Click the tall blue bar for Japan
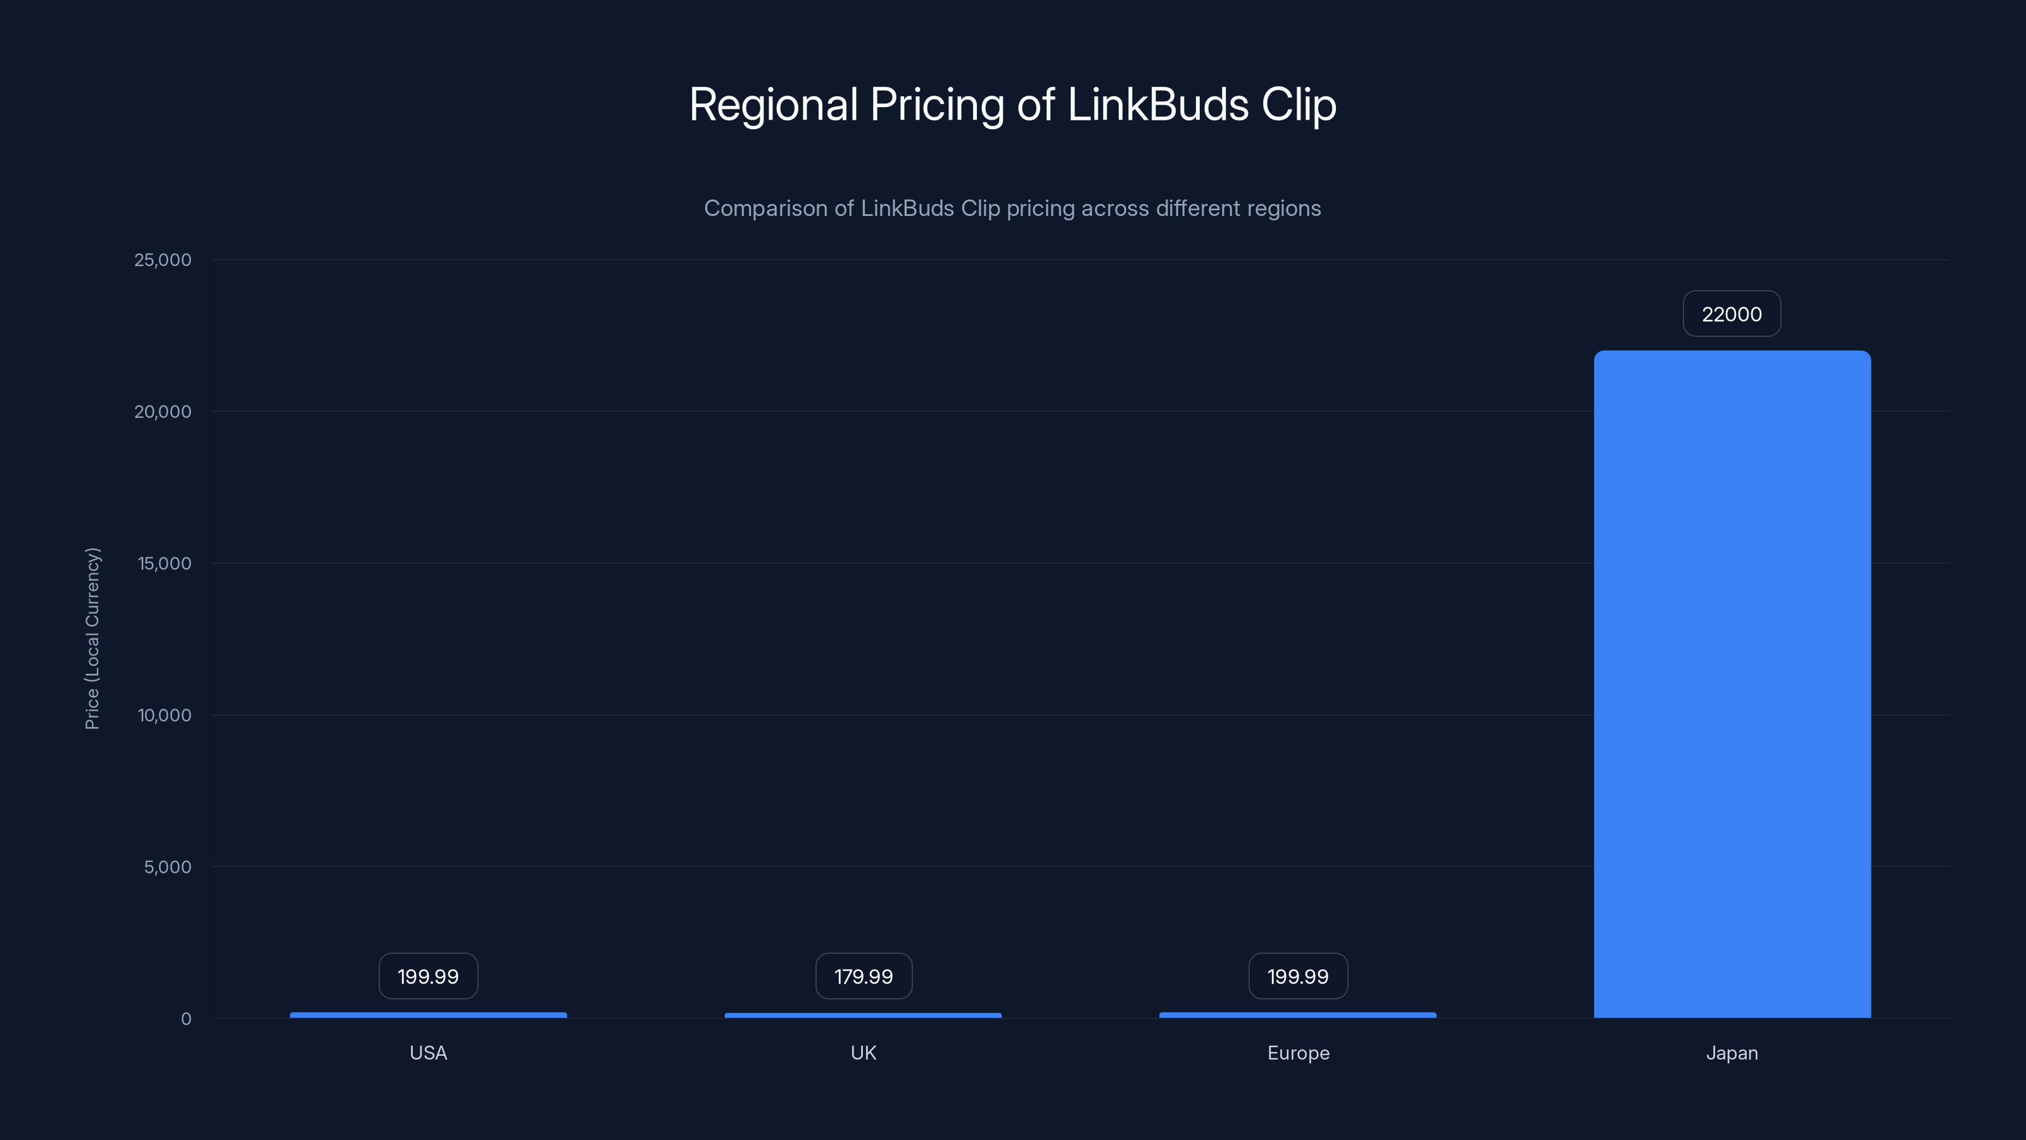click(1732, 685)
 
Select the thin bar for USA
click(428, 1015)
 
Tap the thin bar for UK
click(863, 1015)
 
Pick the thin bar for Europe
click(1298, 1015)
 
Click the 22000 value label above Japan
click(1732, 314)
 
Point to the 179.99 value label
click(864, 977)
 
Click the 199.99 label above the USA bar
click(428, 977)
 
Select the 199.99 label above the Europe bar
click(1298, 977)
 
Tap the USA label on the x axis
click(428, 1053)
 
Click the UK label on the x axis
click(863, 1053)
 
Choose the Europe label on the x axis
click(1298, 1053)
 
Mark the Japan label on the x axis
click(1732, 1053)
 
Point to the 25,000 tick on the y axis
click(163, 260)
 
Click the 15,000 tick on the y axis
click(165, 563)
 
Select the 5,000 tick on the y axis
click(168, 867)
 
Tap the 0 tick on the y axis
click(186, 1019)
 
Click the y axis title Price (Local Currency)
click(92, 638)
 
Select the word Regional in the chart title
click(773, 104)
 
